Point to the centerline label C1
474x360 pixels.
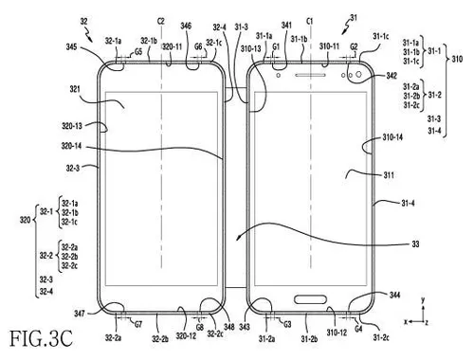coord(310,20)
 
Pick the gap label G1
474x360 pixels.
coord(276,45)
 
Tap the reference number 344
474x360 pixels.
coord(395,296)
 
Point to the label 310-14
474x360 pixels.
coord(392,138)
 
